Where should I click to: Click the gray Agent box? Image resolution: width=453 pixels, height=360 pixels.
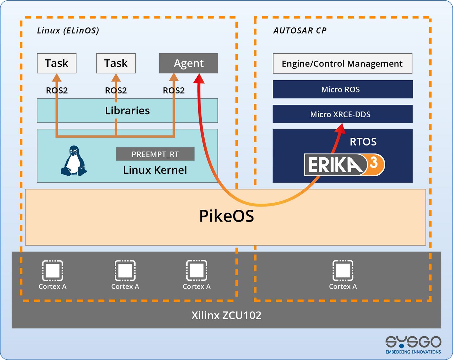click(188, 63)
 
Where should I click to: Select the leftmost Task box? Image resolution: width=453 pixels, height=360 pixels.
click(57, 63)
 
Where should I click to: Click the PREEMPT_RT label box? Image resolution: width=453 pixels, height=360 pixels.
click(155, 154)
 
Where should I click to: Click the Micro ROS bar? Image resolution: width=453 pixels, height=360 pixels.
click(342, 89)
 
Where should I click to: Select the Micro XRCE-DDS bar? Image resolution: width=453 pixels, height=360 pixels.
click(342, 114)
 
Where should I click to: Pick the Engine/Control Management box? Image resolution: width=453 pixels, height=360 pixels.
click(342, 64)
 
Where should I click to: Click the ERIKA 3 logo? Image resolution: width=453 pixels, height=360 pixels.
click(344, 165)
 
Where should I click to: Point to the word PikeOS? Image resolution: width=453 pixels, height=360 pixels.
click(226, 216)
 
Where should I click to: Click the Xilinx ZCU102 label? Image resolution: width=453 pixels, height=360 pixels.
click(226, 315)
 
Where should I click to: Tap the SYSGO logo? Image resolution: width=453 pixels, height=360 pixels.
click(413, 345)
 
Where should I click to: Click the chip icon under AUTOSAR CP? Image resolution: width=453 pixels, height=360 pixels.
click(343, 270)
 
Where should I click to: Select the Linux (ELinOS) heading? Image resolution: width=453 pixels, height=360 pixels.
click(68, 31)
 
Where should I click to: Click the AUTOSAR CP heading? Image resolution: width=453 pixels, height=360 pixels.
click(300, 31)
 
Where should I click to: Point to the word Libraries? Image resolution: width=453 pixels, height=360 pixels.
click(127, 110)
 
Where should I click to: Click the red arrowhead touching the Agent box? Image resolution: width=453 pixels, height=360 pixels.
click(199, 78)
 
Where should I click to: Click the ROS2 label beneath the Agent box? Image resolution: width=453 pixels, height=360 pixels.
click(174, 91)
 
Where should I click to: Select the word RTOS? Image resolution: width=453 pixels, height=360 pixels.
click(363, 142)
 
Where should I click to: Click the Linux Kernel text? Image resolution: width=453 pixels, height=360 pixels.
click(155, 170)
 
